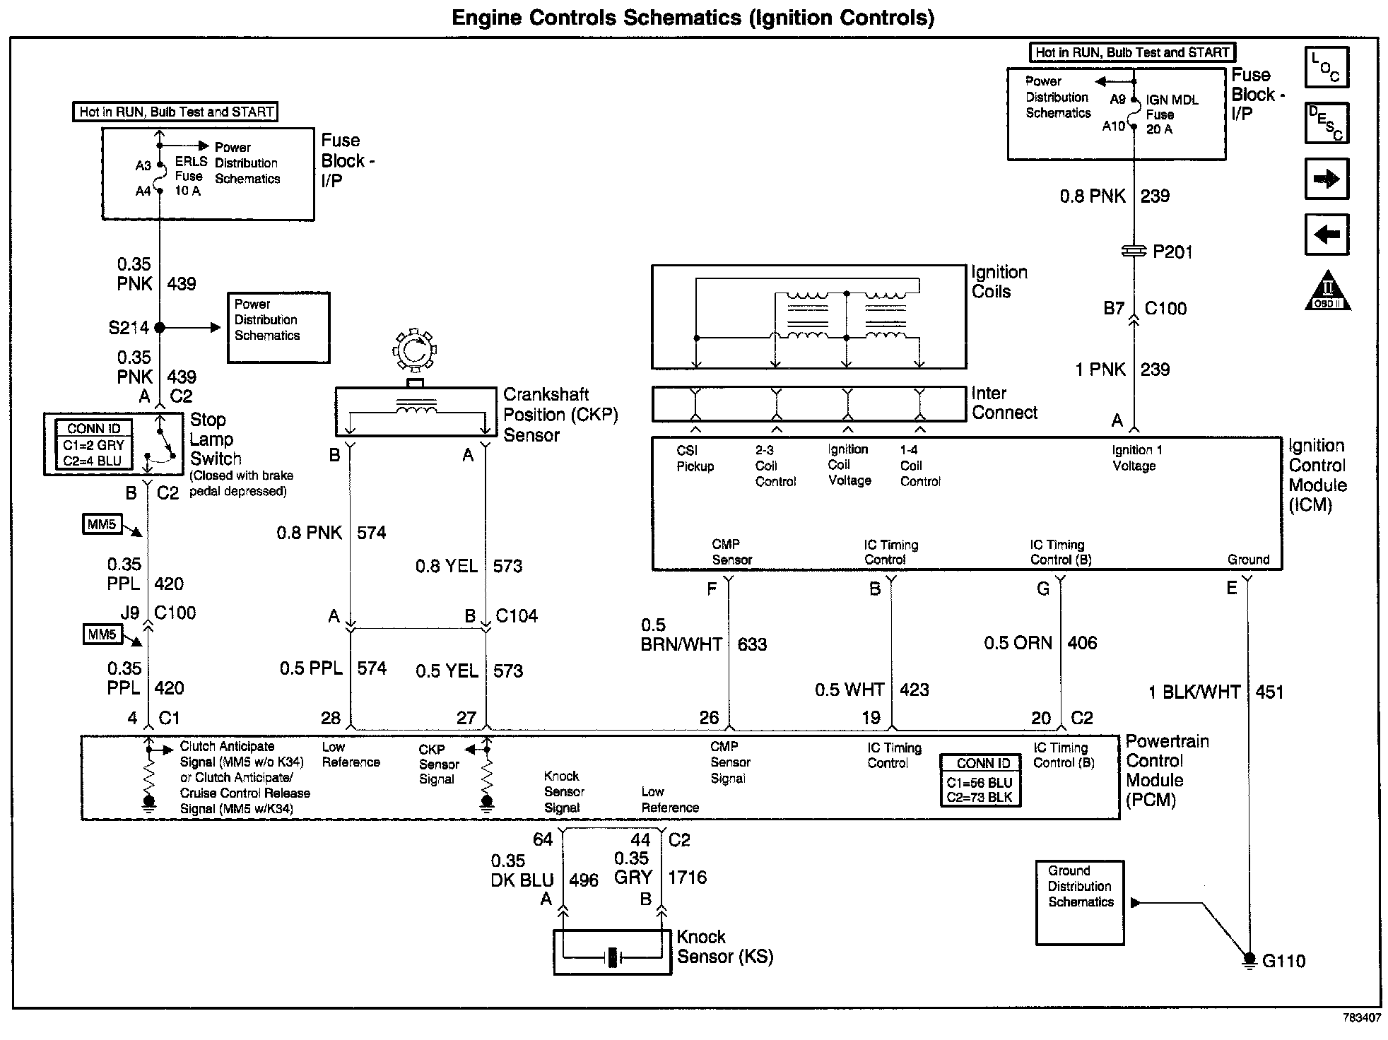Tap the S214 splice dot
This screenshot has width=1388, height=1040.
(x=160, y=328)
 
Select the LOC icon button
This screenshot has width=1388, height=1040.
(x=1326, y=67)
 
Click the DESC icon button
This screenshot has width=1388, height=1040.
(x=1326, y=123)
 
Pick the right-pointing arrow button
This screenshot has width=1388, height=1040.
(x=1326, y=179)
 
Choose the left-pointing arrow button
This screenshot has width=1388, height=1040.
(x=1326, y=234)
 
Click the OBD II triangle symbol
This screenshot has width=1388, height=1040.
(x=1327, y=291)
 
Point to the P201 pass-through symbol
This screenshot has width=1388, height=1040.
(x=1134, y=251)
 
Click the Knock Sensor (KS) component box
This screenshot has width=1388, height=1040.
(x=612, y=952)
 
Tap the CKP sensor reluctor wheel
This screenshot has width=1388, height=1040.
(x=415, y=350)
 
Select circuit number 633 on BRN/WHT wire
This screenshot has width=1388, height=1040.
(x=752, y=644)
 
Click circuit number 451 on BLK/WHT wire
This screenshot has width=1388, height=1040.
(x=1269, y=692)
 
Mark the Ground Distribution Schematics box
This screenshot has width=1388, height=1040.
(x=1079, y=902)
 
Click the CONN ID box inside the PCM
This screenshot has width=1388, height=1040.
(x=980, y=781)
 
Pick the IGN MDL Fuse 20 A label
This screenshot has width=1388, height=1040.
(x=1172, y=114)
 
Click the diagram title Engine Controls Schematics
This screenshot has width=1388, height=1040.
(x=693, y=18)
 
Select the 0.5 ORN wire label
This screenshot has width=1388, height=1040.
(x=1018, y=643)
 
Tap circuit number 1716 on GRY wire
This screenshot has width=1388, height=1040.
(x=687, y=877)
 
